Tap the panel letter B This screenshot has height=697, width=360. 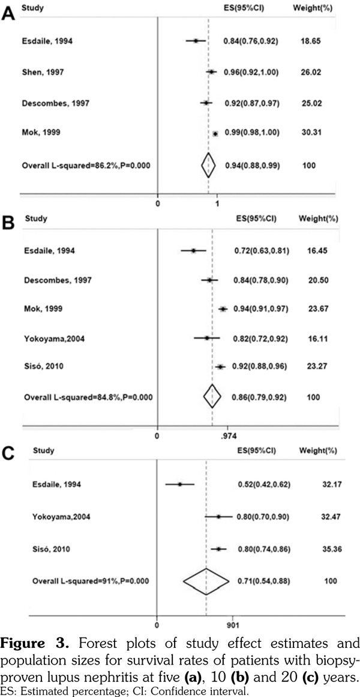click(9, 223)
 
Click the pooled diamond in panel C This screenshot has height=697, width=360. click(206, 581)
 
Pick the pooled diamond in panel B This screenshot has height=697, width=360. click(212, 396)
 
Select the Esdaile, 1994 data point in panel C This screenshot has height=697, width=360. click(179, 484)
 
